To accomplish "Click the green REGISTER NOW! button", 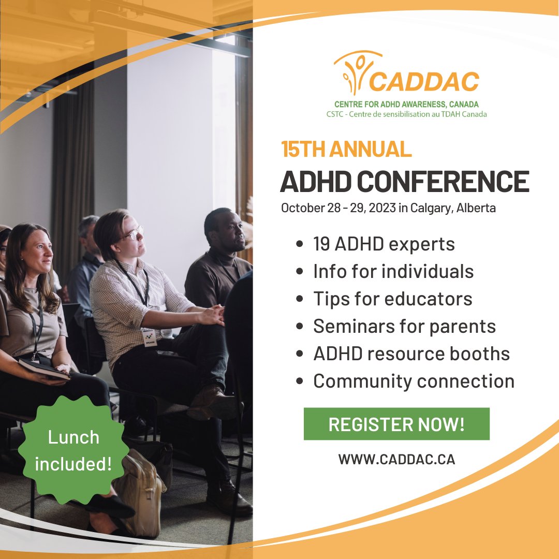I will pyautogui.click(x=396, y=424).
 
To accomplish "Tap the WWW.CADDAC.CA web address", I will pyautogui.click(x=396, y=459).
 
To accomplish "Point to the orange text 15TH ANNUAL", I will pyautogui.click(x=346, y=149).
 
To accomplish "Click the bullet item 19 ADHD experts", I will pyautogui.click(x=384, y=244).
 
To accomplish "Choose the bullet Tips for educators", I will pyautogui.click(x=392, y=299).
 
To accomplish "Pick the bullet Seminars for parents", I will pyautogui.click(x=404, y=326).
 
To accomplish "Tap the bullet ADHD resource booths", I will pyautogui.click(x=411, y=354).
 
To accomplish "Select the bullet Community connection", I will pyautogui.click(x=414, y=381).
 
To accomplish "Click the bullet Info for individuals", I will pyautogui.click(x=393, y=271).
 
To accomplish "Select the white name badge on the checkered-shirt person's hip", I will pyautogui.click(x=149, y=337).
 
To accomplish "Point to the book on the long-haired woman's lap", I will pyautogui.click(x=44, y=369).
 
